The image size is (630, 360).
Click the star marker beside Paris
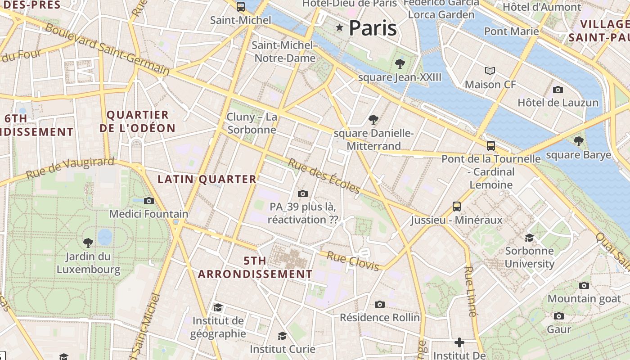pos(339,28)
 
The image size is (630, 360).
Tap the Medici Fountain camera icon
pos(149,201)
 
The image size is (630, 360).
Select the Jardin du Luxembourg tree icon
pos(88,243)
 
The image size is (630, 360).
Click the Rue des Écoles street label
pos(324,175)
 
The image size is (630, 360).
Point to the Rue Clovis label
pos(353,261)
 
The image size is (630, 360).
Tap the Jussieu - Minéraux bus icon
pos(457,207)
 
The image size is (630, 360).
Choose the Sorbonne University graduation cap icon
pos(529,237)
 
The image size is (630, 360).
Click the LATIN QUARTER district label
pos(207,179)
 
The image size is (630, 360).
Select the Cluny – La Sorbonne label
pos(252,123)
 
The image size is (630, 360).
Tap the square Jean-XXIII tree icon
pos(400,64)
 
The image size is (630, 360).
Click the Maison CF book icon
pos(490,71)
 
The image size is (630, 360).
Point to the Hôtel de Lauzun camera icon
pos(558,90)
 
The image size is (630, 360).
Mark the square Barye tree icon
pos(579,141)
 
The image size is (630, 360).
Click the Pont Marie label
pos(511,31)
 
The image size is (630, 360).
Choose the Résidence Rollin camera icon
pos(380,304)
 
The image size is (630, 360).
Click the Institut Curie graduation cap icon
pos(282,336)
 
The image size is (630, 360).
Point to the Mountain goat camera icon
pos(584,285)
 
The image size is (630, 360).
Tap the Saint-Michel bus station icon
pos(241,6)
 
